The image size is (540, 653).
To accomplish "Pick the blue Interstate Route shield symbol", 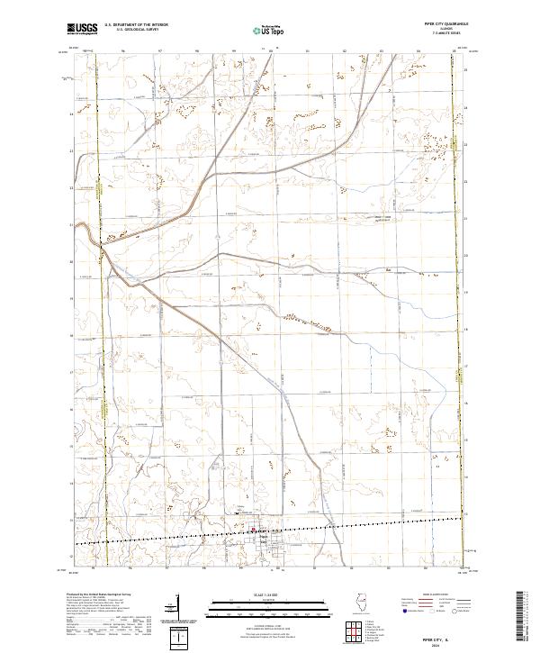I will click(x=406, y=612).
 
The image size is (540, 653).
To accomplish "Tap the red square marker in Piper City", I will click(x=253, y=530).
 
